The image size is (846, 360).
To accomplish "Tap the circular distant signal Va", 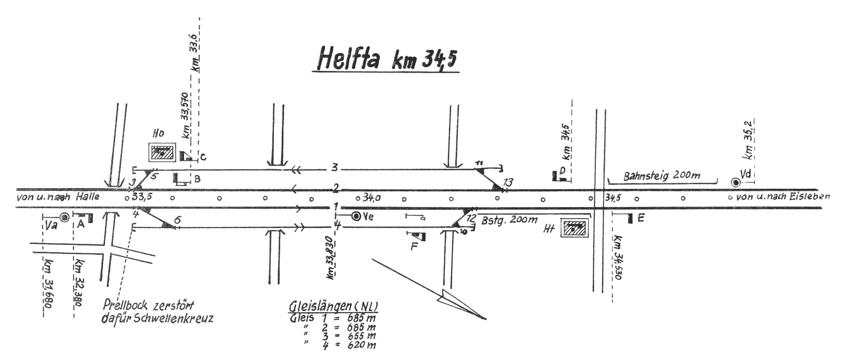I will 64,217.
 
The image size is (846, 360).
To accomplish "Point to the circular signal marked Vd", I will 735,182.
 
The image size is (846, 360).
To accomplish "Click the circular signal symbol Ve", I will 356,216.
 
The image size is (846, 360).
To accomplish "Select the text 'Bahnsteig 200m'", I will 661,176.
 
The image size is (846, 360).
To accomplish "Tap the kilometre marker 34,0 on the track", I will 372,198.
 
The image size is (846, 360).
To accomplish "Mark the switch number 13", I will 507,182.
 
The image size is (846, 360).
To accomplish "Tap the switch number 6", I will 177,221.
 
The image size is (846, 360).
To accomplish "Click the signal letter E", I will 641,218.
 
